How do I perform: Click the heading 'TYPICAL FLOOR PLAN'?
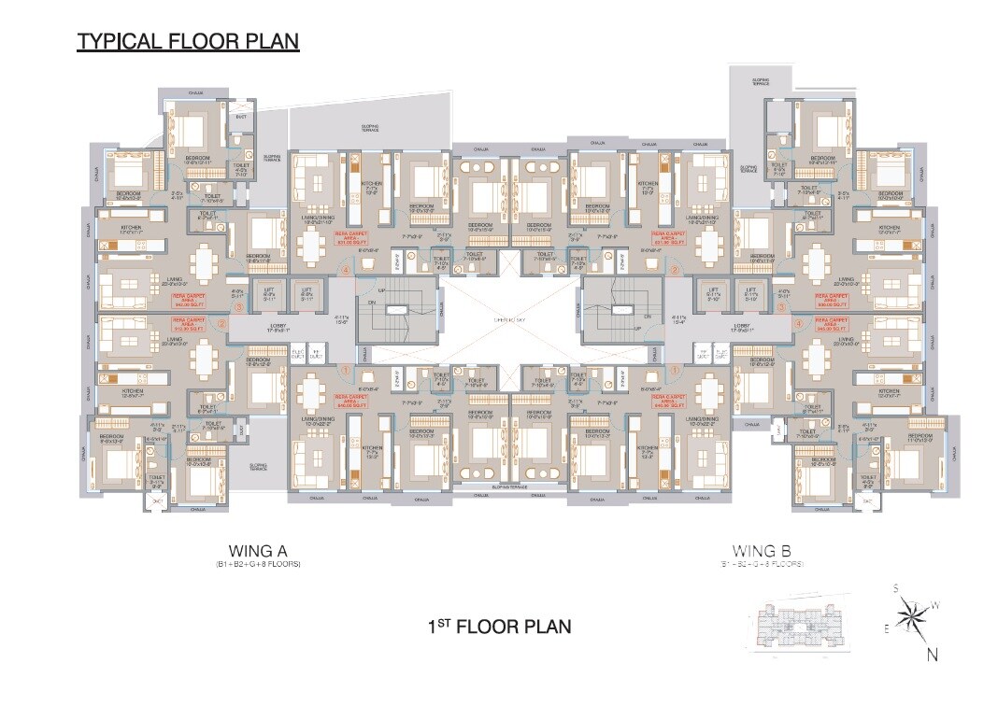click(x=188, y=42)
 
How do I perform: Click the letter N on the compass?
click(x=933, y=655)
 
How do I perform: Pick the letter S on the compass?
click(x=894, y=588)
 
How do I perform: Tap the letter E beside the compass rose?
click(x=886, y=629)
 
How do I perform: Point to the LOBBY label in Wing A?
click(x=278, y=327)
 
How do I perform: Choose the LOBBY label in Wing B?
click(x=743, y=327)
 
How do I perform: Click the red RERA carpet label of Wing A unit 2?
click(x=192, y=324)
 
